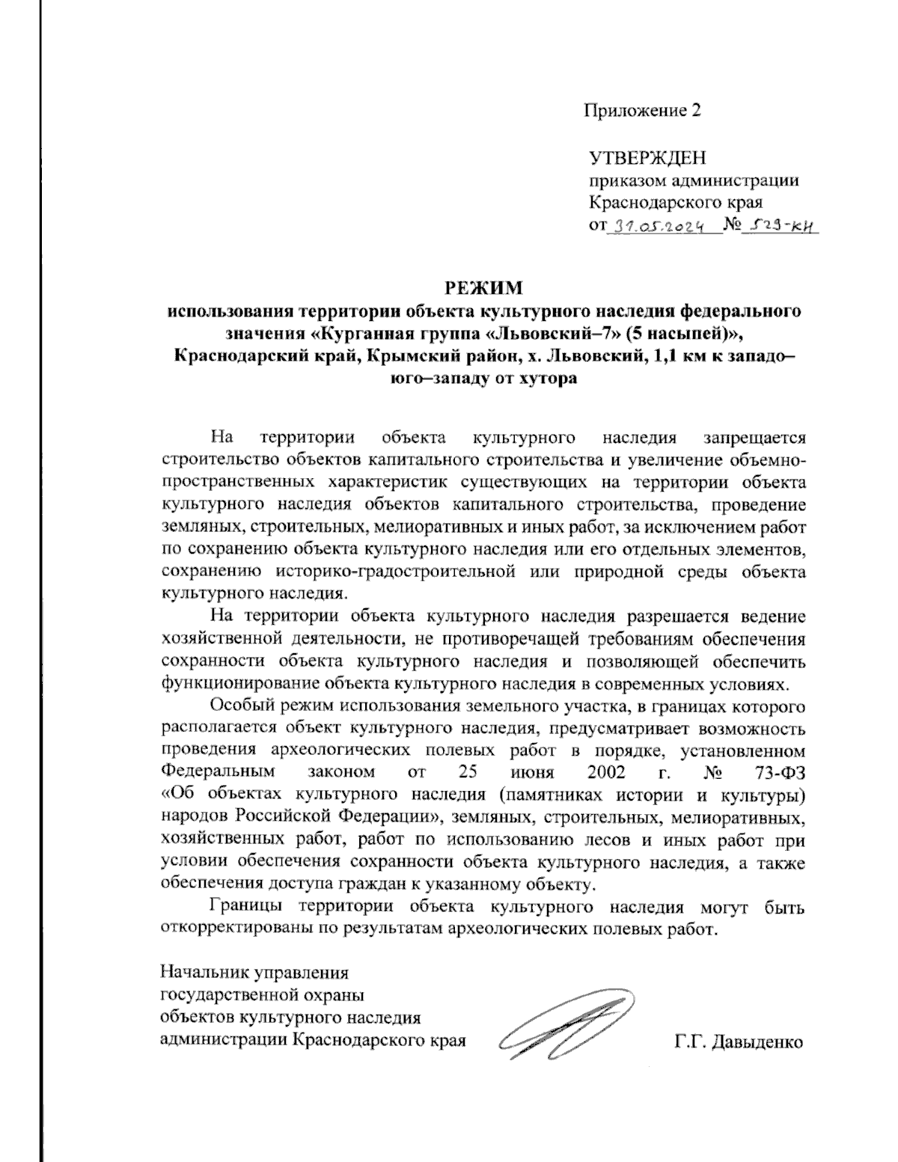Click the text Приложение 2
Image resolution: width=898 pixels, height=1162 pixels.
click(643, 111)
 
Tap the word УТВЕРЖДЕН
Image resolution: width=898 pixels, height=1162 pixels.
click(647, 159)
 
